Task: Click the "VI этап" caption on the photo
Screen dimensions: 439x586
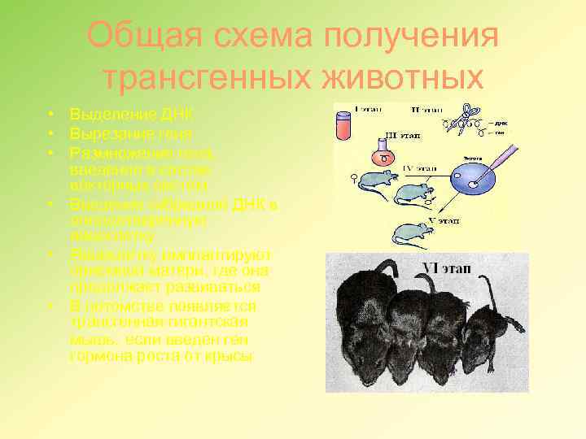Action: click(445, 267)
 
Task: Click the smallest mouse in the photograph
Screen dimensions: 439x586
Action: click(491, 325)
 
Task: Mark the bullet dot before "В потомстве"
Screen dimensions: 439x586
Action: click(50, 306)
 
